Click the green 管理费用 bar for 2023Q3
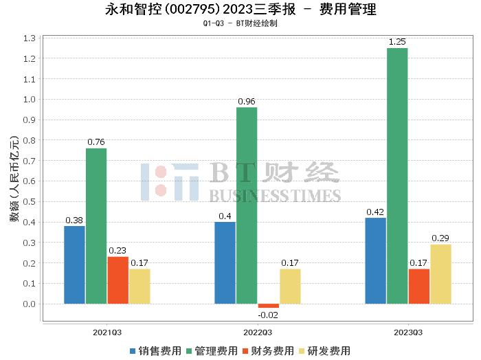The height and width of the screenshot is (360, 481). coord(397,176)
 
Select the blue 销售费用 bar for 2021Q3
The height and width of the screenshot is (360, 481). coord(74,265)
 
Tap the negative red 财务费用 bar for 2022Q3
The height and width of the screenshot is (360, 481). coord(269,306)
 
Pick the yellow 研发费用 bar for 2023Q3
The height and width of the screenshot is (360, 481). coord(440,273)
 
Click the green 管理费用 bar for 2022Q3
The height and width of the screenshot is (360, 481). coord(247,205)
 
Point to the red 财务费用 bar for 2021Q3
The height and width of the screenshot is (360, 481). coord(118,280)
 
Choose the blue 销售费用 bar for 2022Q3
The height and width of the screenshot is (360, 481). coord(225,262)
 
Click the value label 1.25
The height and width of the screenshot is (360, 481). coord(397,42)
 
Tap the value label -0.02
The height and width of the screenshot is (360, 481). coord(269,315)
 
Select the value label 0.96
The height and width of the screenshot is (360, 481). coord(247,102)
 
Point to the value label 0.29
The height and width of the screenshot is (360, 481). coord(440,238)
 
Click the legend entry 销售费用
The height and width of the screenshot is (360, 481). coord(155,351)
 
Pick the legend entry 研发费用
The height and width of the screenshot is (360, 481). coord(323,351)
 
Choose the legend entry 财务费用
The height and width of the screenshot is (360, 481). coord(267,351)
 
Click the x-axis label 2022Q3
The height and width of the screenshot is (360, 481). coord(258,332)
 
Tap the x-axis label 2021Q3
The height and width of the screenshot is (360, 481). coord(107,332)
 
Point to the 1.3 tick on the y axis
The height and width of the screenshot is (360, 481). coord(29,38)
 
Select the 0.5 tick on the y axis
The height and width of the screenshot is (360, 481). coord(29,202)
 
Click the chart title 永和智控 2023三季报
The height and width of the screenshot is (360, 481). coord(240,10)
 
